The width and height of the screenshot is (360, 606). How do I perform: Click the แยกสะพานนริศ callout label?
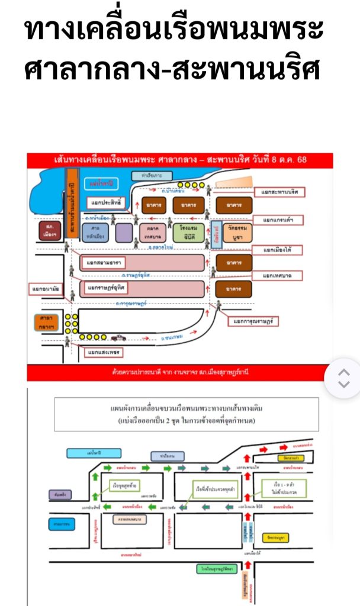[278, 193]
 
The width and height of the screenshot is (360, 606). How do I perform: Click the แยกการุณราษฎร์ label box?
[256, 321]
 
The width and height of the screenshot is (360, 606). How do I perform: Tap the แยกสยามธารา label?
[104, 262]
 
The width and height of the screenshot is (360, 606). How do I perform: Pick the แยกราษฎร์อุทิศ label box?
[107, 288]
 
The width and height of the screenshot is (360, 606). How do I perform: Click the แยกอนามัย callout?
[44, 289]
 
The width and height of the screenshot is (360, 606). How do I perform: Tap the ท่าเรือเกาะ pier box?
[152, 176]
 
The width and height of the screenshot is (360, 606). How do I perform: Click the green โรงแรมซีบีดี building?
[188, 232]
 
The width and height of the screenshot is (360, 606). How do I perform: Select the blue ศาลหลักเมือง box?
[92, 231]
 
